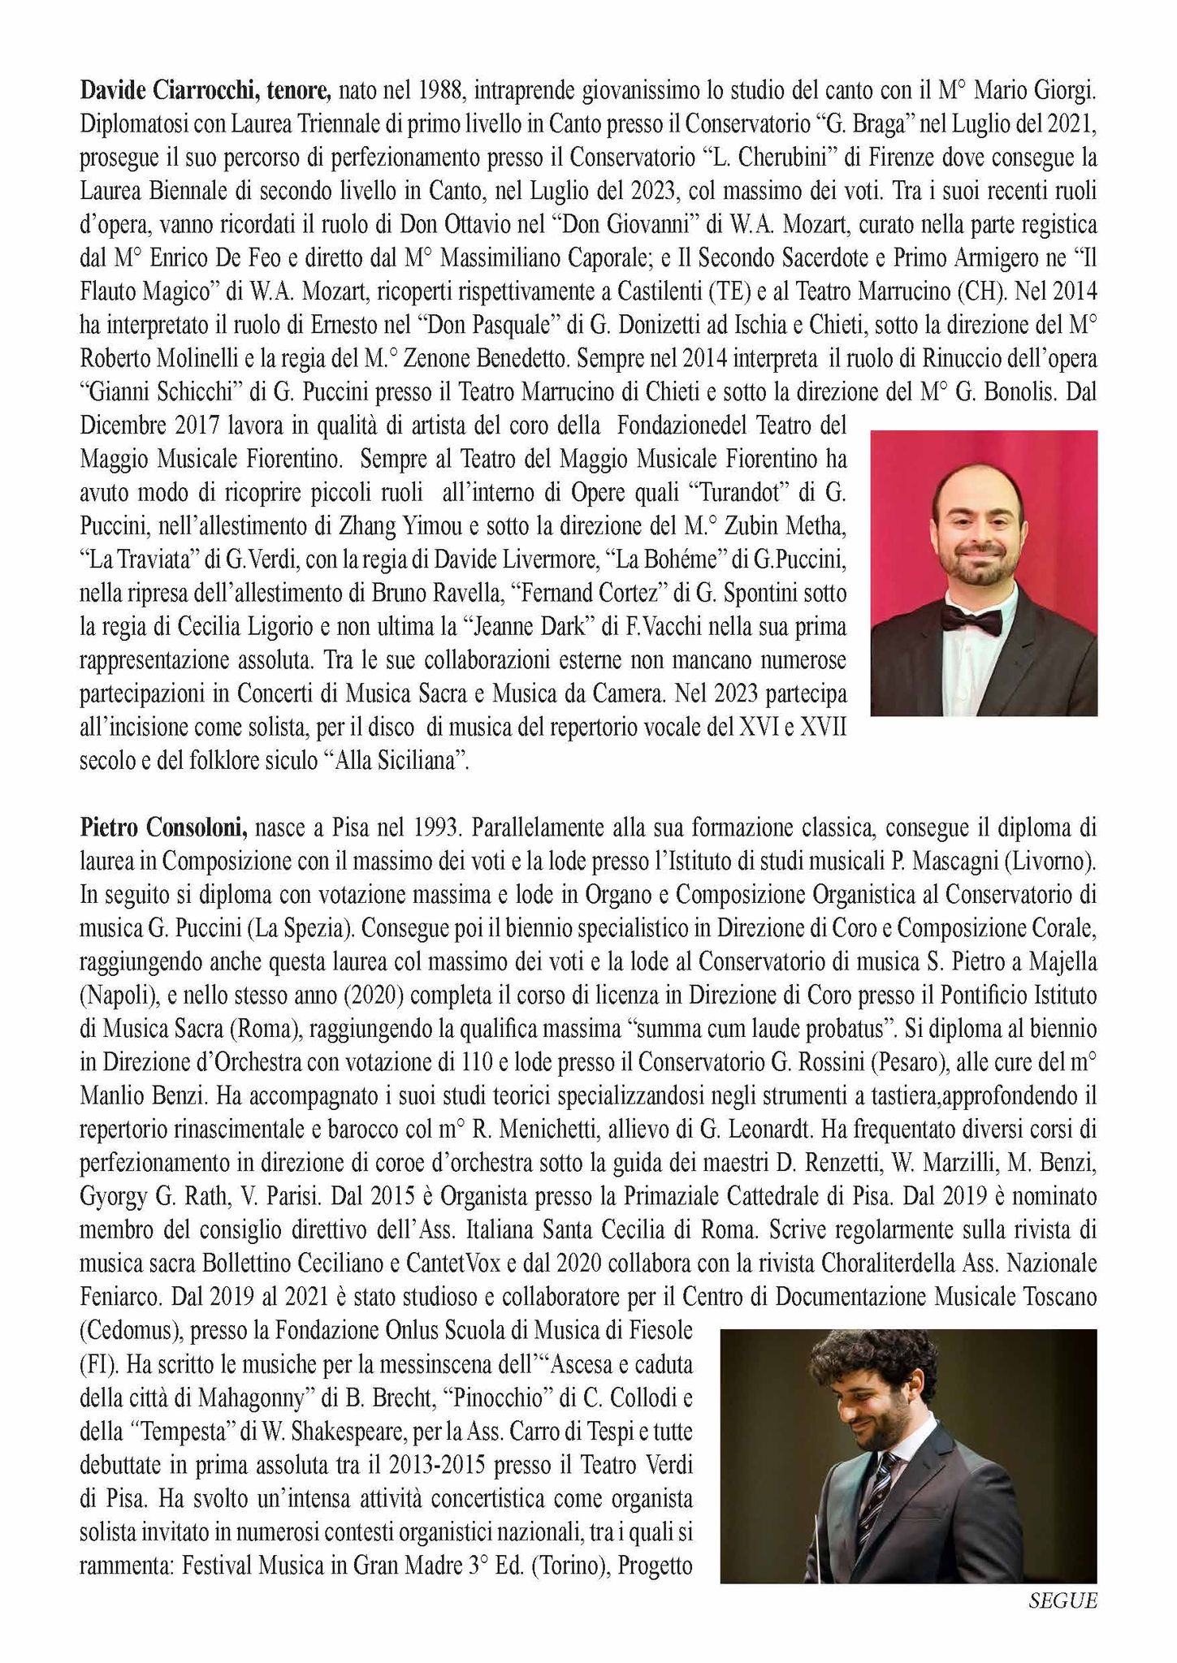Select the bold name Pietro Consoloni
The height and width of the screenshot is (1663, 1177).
[x=163, y=827]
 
